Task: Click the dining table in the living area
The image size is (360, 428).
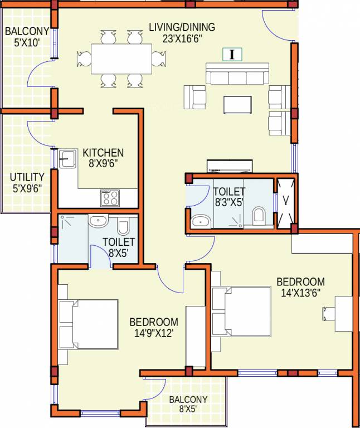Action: click(120, 58)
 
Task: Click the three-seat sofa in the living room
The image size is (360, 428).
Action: click(236, 74)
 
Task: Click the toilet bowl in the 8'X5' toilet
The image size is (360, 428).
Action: click(124, 226)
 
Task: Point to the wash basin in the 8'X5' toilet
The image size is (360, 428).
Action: click(98, 221)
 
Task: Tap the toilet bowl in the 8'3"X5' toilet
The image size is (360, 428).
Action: click(259, 215)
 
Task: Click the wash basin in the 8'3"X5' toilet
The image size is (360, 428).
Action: click(200, 222)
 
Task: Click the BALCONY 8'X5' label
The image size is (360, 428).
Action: click(188, 404)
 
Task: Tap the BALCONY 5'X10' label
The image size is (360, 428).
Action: click(27, 36)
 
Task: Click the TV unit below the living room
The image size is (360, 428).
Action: click(229, 166)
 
